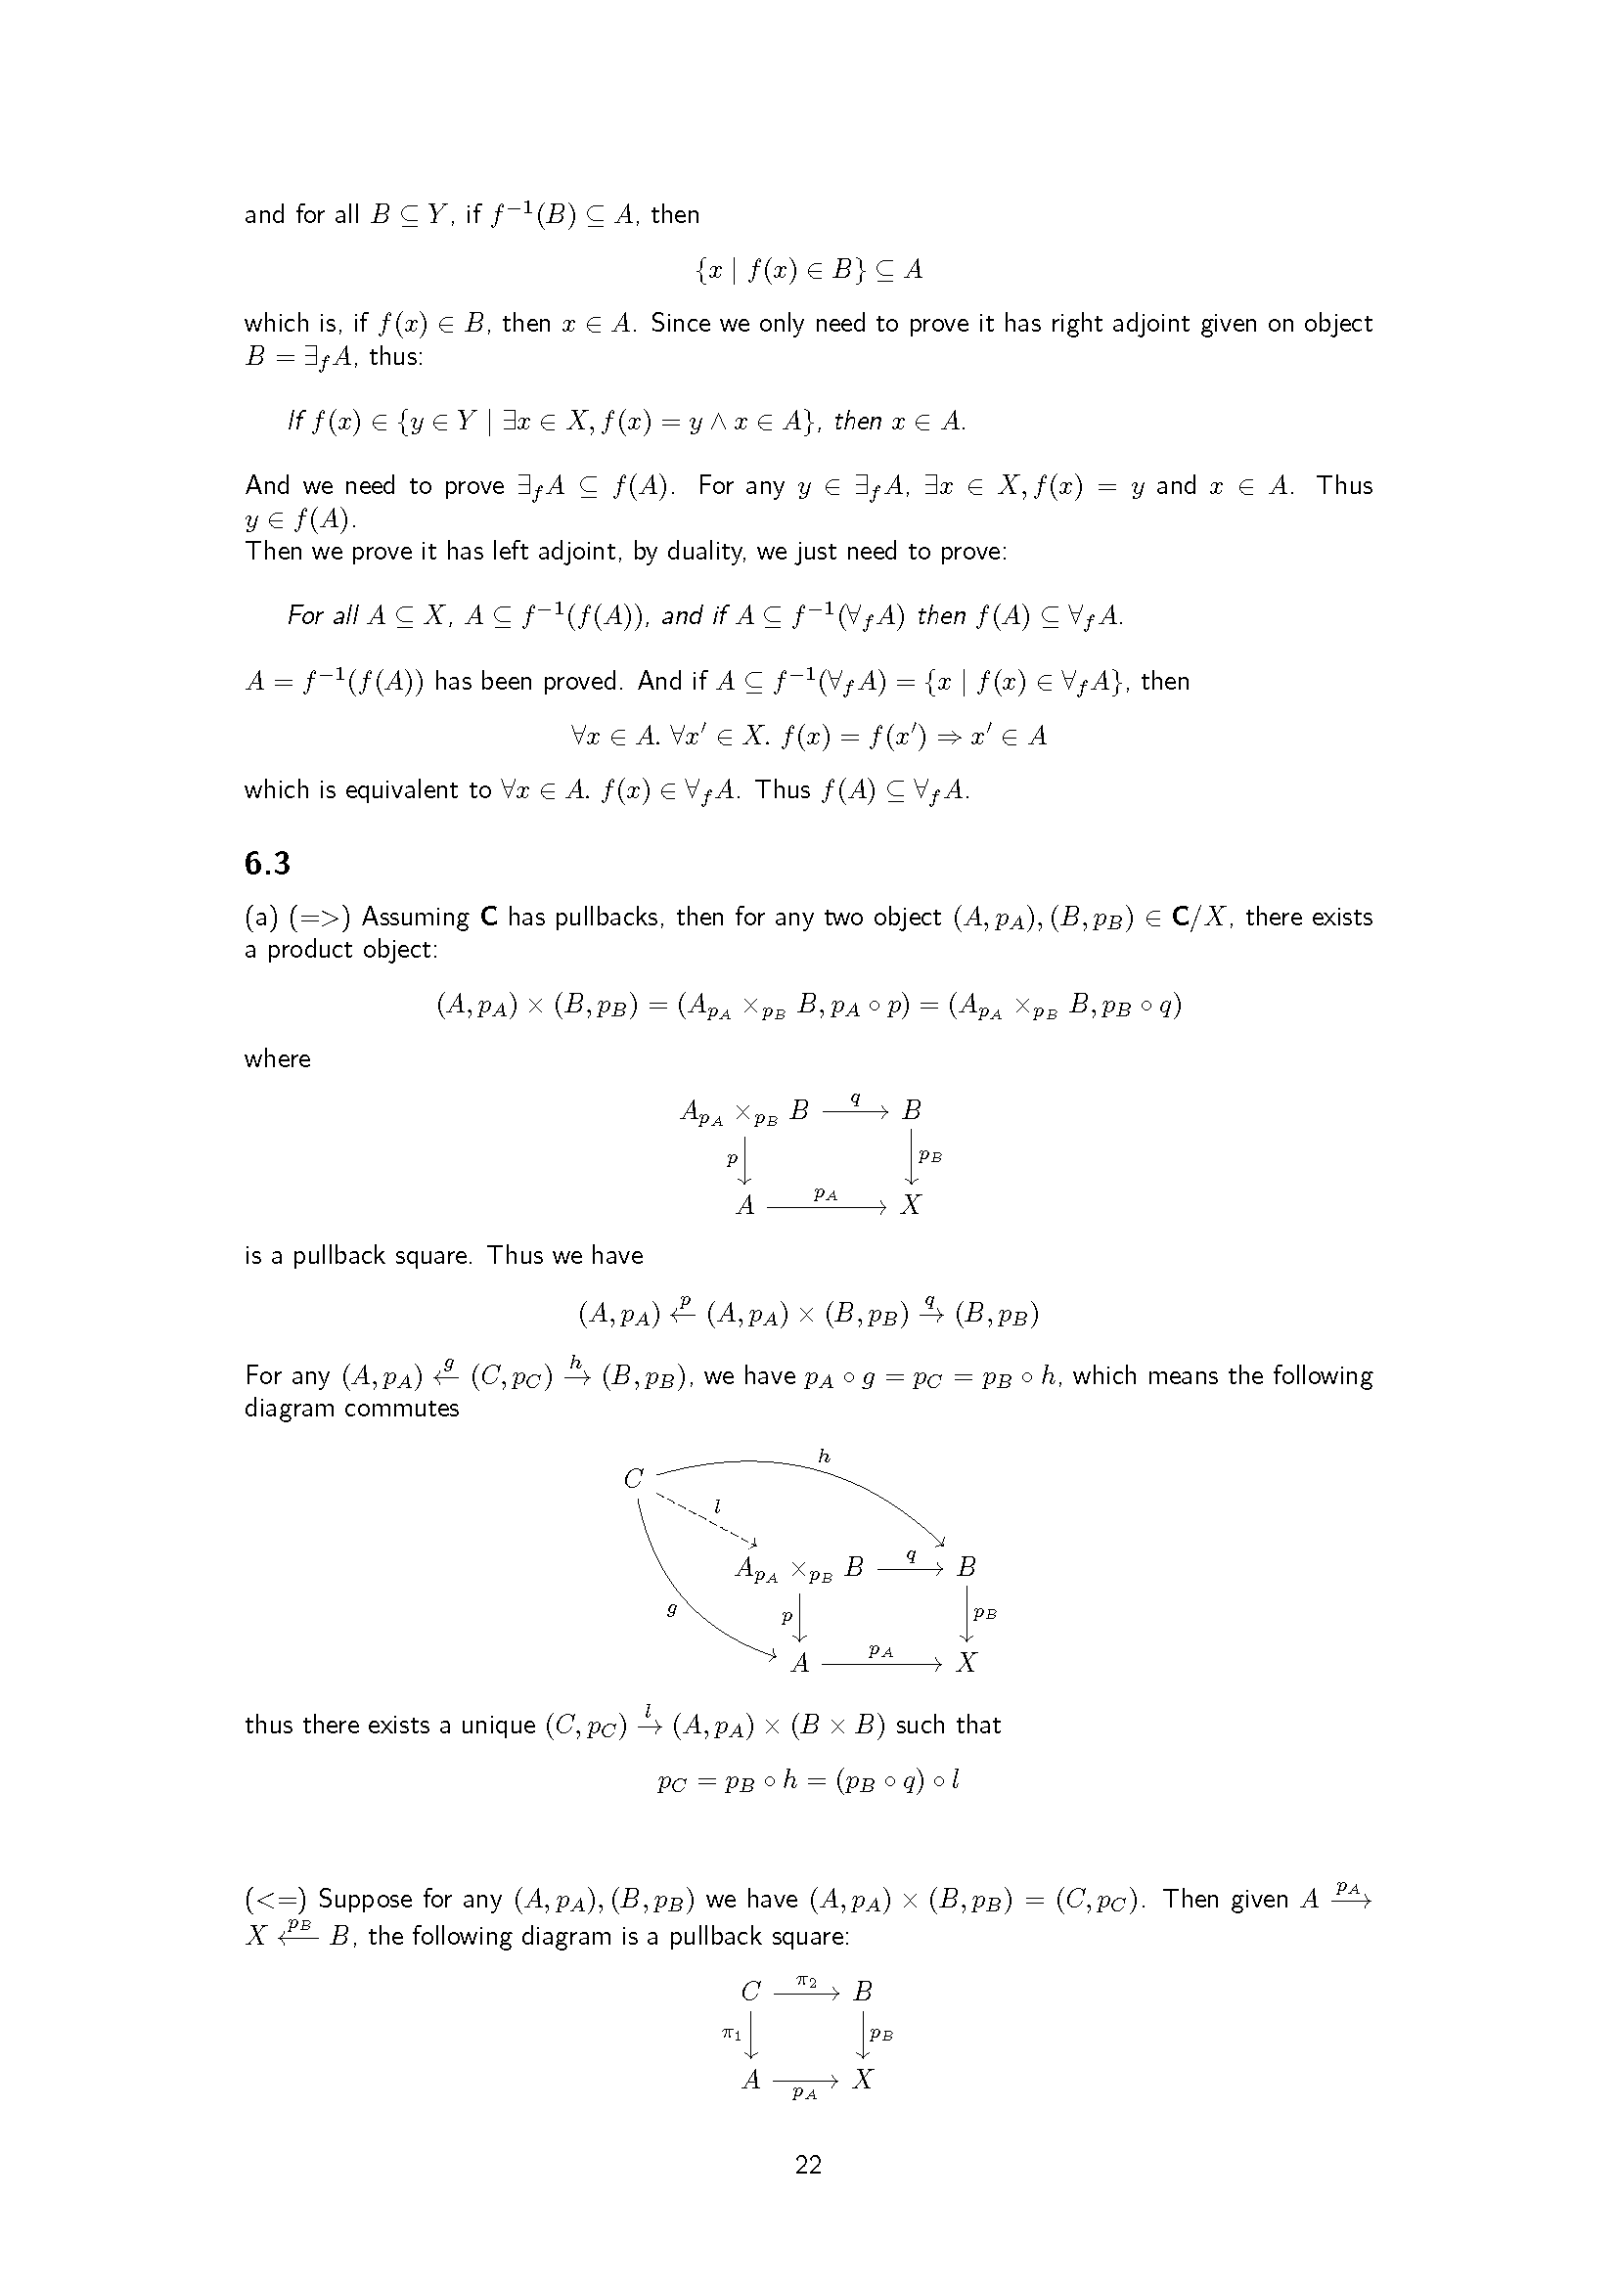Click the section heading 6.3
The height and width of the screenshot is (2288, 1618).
click(x=267, y=863)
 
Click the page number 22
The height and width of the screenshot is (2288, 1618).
click(x=808, y=2164)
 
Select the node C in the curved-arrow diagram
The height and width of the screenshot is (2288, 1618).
click(x=634, y=1478)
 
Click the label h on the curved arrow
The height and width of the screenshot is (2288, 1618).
click(x=824, y=1456)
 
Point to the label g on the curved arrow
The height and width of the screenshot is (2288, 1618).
click(x=671, y=1609)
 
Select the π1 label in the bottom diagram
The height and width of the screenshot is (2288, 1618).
click(x=732, y=2033)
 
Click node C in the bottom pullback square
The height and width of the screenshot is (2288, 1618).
click(x=751, y=1992)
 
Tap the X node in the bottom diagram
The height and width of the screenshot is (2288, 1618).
click(x=863, y=2079)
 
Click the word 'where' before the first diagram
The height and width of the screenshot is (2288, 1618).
click(x=277, y=1058)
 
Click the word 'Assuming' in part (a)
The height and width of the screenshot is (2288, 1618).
click(x=416, y=917)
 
